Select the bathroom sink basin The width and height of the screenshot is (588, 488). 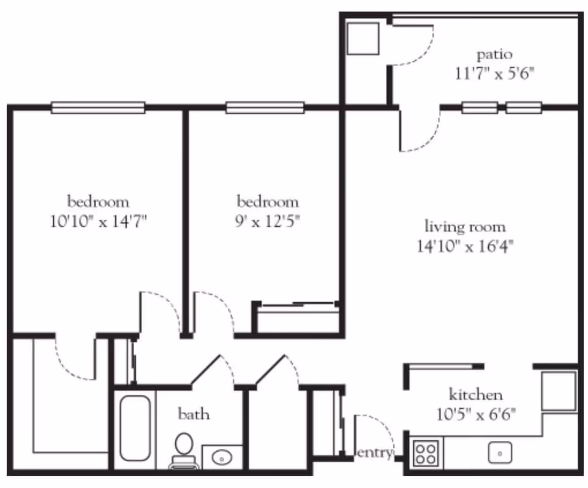coord(221,457)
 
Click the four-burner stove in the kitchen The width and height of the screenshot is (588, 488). coord(426,454)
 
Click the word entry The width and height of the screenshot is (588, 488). coord(374,453)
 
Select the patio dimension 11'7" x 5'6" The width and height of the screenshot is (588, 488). coord(495,74)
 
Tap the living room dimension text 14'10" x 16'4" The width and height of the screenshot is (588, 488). coord(465,246)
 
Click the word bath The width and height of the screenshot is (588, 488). coord(194,414)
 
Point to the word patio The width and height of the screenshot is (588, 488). coord(494,54)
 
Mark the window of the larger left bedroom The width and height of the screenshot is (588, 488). coord(98,108)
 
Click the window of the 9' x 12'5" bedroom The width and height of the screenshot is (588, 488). coord(265,108)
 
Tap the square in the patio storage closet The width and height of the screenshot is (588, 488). coord(363,39)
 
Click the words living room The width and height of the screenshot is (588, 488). coord(466,226)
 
